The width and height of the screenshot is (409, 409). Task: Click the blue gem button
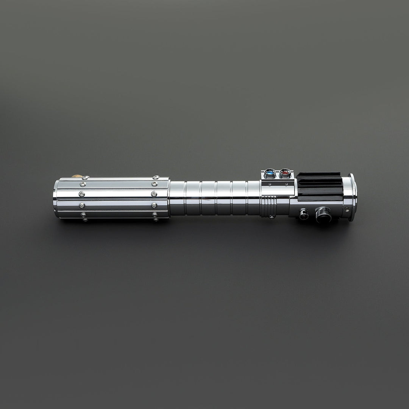pos(270,173)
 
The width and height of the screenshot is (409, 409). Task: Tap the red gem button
pos(285,173)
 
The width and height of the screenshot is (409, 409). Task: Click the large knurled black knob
pos(323,214)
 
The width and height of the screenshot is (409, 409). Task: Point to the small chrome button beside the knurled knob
pos(303,214)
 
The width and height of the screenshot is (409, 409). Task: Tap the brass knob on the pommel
pos(77,176)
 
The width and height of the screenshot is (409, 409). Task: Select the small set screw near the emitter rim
pos(346,209)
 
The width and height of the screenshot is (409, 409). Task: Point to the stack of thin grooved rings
pos(268,207)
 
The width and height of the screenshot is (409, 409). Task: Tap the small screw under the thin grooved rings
pos(271,217)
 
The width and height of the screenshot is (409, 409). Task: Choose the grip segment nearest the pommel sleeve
pos(177,198)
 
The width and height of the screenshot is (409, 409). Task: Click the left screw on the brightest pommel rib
pos(81,194)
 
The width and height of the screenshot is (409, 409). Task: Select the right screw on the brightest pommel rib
pos(154,194)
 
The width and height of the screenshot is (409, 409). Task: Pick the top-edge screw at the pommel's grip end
pos(156,177)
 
